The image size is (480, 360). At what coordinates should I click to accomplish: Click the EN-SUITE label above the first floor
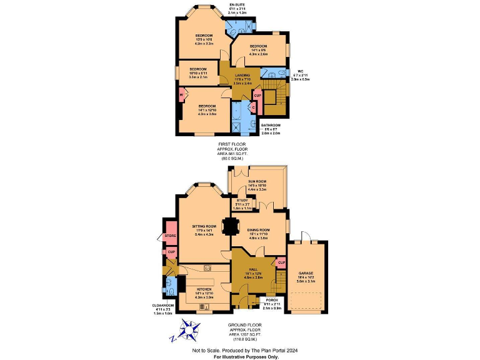click(x=237, y=4)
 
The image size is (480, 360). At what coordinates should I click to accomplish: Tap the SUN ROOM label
click(x=257, y=182)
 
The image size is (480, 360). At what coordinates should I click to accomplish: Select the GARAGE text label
click(x=306, y=273)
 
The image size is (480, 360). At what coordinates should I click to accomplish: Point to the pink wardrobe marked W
click(x=181, y=95)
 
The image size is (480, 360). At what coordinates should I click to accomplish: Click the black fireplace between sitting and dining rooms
click(x=232, y=226)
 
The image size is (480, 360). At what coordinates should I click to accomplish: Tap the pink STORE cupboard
click(x=170, y=236)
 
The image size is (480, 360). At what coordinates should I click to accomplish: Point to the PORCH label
click(x=271, y=300)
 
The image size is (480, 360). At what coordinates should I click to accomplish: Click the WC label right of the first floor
click(x=301, y=71)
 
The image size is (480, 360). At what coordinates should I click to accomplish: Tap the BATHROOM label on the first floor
click(x=271, y=125)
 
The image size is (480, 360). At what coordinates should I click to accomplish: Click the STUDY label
click(x=242, y=200)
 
